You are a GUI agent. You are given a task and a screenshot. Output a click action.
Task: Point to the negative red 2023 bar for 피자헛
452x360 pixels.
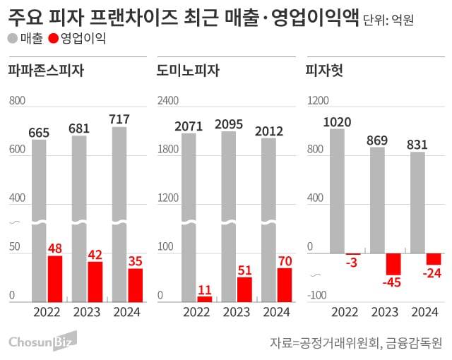pyautogui.click(x=393, y=263)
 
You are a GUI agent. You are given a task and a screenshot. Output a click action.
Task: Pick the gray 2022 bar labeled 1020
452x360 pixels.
pyautogui.click(x=338, y=191)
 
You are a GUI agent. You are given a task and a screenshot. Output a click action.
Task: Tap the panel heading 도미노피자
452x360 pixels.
pyautogui.click(x=188, y=70)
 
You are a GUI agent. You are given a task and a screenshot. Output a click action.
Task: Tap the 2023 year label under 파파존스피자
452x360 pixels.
pyautogui.click(x=87, y=312)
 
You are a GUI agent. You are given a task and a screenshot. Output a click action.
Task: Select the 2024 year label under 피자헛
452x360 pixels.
pyautogui.click(x=424, y=312)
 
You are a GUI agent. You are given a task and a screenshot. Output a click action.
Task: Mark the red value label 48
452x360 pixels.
pyautogui.click(x=55, y=248)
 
